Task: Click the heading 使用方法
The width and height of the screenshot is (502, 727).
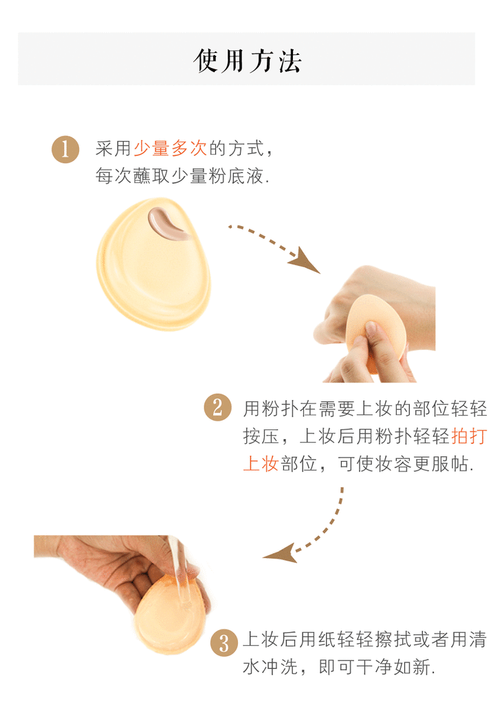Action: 248,60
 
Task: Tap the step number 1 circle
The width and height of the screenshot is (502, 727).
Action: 65,149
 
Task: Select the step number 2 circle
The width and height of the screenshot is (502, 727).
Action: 217,407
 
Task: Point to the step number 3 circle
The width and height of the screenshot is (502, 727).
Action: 224,642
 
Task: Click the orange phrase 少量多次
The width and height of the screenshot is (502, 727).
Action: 171,148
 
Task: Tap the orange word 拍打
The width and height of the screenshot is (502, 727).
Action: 469,436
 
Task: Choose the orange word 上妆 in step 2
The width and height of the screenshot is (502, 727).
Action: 261,464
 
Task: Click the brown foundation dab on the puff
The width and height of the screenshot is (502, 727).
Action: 166,223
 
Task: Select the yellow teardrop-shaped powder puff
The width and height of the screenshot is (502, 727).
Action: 153,265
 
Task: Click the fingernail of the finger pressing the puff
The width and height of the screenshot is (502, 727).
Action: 372,328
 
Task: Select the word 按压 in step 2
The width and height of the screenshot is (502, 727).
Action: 261,436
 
